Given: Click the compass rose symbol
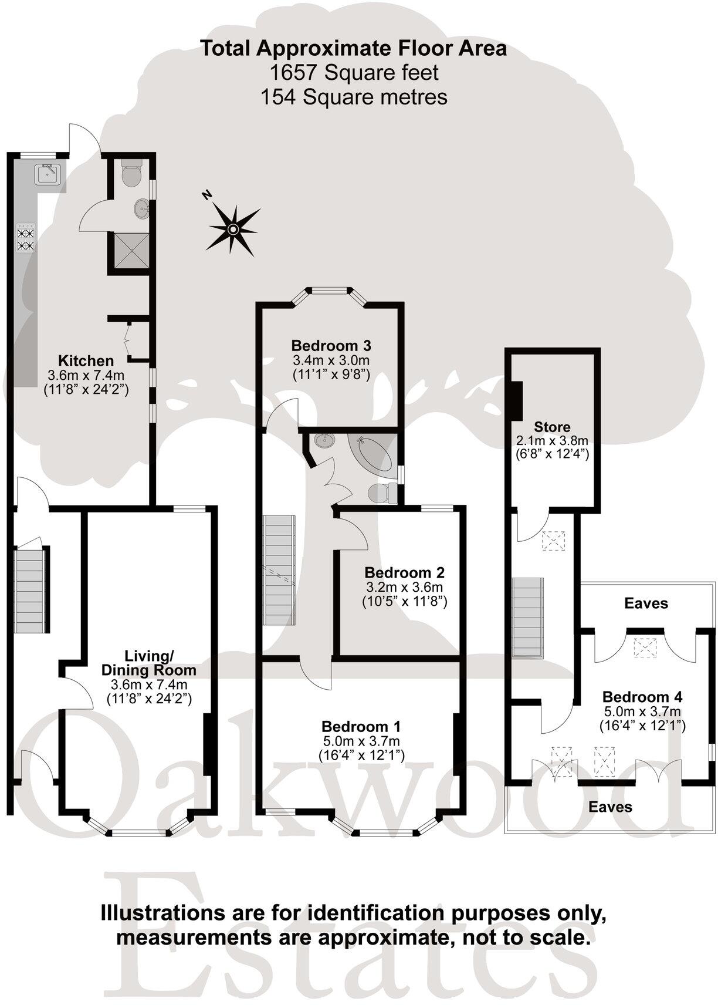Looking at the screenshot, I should click(x=233, y=229).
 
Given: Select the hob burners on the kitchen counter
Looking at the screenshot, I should click(x=26, y=238).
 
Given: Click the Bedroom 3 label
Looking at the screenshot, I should click(x=331, y=346).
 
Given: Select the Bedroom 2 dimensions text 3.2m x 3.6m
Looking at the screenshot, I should click(x=404, y=587).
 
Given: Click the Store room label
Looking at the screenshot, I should click(x=552, y=427).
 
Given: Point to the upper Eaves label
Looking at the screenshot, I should click(x=646, y=603).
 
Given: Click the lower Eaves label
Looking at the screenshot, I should click(x=610, y=807).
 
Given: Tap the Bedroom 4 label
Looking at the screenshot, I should click(x=642, y=697).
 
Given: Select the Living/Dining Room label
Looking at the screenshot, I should click(x=148, y=663).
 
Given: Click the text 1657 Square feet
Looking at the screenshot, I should click(x=354, y=73).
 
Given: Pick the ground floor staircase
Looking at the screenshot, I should click(x=29, y=589).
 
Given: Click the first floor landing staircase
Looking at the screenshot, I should click(x=279, y=570).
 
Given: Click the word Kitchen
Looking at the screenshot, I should click(x=86, y=360).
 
